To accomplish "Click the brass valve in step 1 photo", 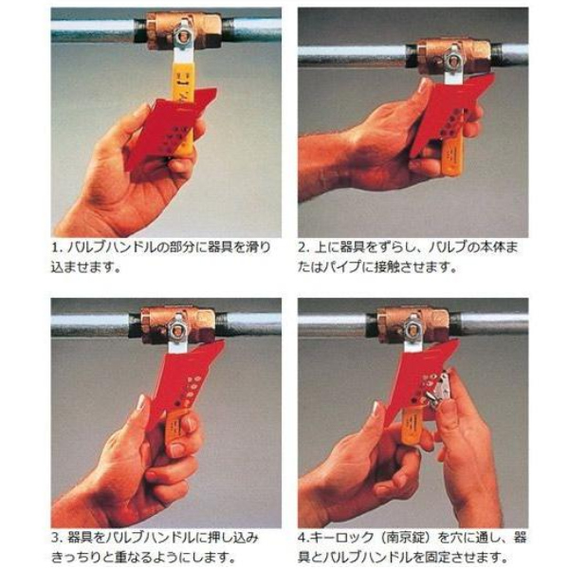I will (x=183, y=30).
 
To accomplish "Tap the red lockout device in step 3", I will (x=190, y=379).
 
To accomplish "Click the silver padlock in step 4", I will (x=438, y=389).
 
